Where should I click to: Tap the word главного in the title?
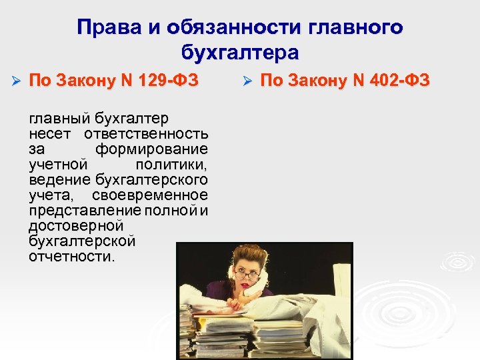coord(357,27)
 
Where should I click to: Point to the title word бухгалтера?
coord(240,52)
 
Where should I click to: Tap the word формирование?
coord(151,148)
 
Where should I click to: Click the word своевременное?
coord(150,195)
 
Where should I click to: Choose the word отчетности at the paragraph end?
coord(71,257)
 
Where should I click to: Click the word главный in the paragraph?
coord(59,118)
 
